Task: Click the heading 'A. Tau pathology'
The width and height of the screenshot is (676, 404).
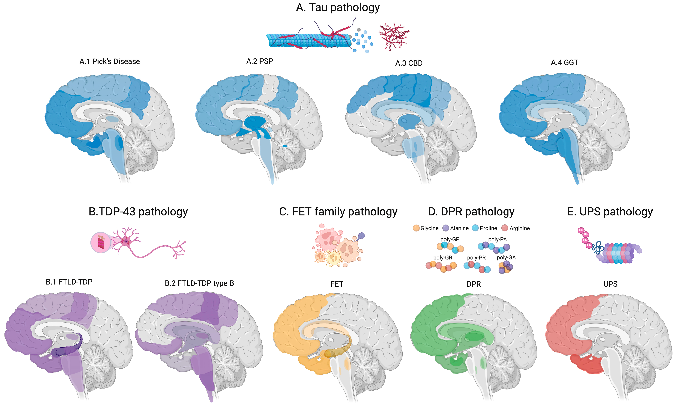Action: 338,8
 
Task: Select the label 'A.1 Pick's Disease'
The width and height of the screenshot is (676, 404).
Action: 109,61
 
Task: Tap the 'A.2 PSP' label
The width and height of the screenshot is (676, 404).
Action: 259,61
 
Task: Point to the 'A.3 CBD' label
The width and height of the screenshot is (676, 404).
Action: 409,63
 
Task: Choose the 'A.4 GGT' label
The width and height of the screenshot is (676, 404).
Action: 564,63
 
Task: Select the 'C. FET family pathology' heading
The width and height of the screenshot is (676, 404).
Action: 338,212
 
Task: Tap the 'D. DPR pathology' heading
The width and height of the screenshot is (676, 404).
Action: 471,212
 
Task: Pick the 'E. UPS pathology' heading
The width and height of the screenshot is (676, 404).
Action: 610,212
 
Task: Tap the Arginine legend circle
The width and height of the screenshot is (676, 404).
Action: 505,228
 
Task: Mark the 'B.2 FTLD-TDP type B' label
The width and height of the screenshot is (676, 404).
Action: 199,283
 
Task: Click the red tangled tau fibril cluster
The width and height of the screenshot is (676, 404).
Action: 394,37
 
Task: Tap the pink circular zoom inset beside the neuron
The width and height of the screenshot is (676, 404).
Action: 101,242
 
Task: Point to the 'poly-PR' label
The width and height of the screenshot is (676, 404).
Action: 476,258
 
